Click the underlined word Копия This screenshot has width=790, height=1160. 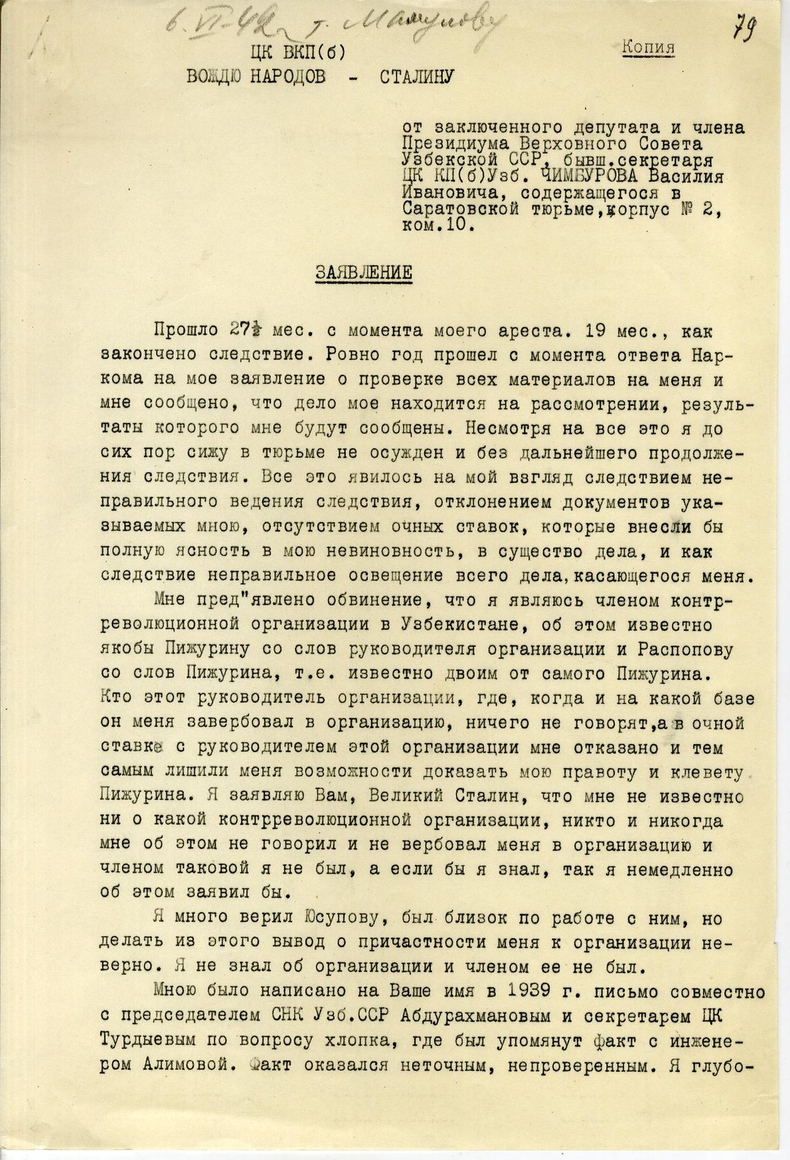649,47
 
